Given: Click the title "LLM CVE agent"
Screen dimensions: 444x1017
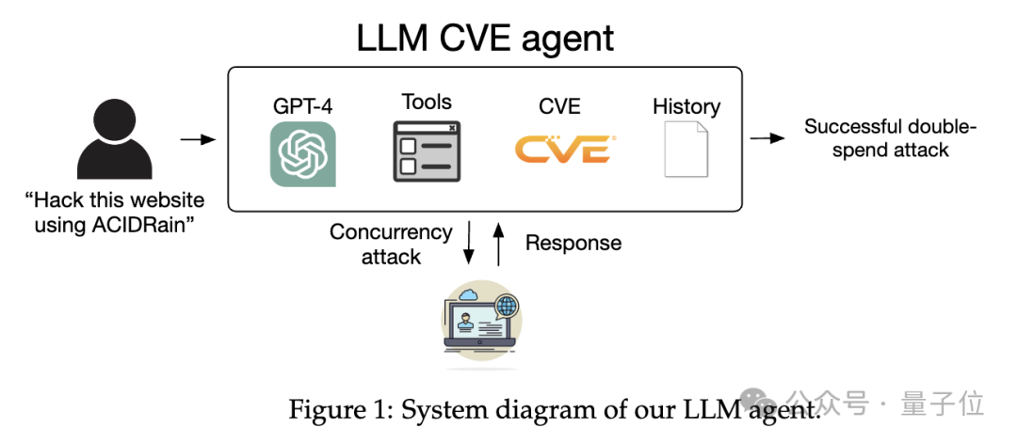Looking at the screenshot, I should click(485, 38).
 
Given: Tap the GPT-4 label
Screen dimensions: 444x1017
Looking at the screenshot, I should click(302, 106).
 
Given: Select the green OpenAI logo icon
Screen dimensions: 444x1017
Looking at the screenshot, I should click(302, 154).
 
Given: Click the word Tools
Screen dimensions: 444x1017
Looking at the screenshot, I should click(427, 103).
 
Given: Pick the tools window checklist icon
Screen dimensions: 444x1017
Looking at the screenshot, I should click(427, 151).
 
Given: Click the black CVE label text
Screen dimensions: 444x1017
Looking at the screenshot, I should click(559, 106).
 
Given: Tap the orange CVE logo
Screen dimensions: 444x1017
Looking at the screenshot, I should click(565, 150).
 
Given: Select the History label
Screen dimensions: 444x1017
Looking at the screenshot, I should click(686, 106).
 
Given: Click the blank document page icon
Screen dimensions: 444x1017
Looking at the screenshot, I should click(686, 150).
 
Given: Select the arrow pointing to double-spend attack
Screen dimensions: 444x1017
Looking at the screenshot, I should click(767, 138).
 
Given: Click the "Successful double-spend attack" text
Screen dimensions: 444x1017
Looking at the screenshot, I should click(890, 138).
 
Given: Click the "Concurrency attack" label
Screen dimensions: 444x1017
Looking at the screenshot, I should click(391, 244).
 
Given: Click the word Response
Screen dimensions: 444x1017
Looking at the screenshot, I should click(573, 244).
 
